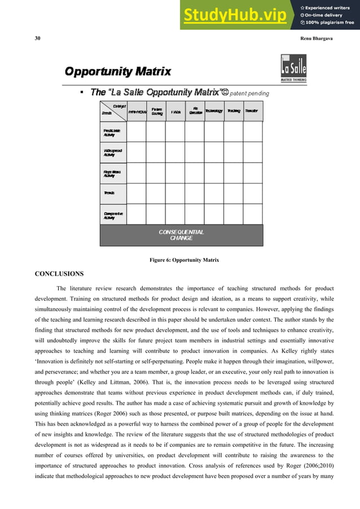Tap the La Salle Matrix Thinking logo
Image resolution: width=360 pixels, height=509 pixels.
(x=294, y=69)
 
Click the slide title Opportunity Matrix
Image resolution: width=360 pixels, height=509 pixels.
(x=117, y=72)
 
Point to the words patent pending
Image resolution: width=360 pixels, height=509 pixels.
(x=249, y=93)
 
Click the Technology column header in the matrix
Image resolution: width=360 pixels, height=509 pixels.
(x=214, y=111)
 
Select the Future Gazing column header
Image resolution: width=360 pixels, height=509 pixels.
(x=157, y=111)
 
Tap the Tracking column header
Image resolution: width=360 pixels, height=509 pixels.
(x=234, y=111)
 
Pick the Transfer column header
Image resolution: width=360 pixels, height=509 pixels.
(x=252, y=111)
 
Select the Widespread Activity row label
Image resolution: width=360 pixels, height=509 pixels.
(x=112, y=152)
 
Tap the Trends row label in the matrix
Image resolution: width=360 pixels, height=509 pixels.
(x=109, y=193)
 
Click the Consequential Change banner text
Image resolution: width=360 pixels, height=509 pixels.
(x=181, y=235)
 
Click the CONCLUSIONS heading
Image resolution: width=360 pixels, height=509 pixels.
(x=59, y=274)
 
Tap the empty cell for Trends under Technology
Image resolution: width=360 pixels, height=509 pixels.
(x=214, y=193)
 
